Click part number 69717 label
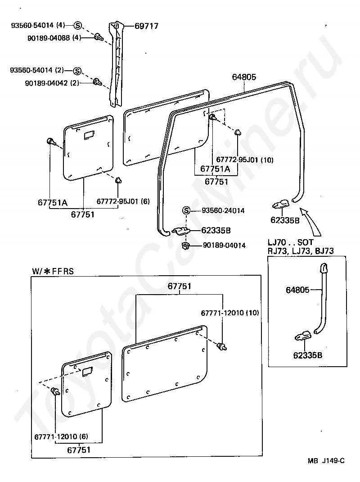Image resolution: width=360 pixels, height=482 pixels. pyautogui.click(x=147, y=26)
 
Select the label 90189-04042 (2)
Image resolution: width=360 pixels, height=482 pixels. pyautogui.click(x=52, y=83)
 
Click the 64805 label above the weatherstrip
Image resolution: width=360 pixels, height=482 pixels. pyautogui.click(x=244, y=77)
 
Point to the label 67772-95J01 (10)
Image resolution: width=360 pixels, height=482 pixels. pyautogui.click(x=245, y=159)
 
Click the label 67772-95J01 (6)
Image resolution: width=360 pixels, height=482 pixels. pyautogui.click(x=123, y=201)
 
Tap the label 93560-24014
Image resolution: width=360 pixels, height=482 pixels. pyautogui.click(x=223, y=210)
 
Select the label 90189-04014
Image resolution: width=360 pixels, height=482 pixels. pyautogui.click(x=224, y=246)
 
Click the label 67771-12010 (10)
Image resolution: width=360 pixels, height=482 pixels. pyautogui.click(x=230, y=313)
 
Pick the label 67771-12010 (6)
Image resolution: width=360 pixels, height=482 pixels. pyautogui.click(x=61, y=437)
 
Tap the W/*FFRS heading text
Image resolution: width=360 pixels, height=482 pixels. pyautogui.click(x=53, y=271)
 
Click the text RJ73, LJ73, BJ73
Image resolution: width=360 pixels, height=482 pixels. pyautogui.click(x=301, y=251)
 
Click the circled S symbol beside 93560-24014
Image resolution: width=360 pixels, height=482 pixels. pyautogui.click(x=186, y=210)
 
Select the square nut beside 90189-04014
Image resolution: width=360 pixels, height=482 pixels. pyautogui.click(x=185, y=246)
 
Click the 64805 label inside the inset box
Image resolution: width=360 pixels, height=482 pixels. pyautogui.click(x=297, y=290)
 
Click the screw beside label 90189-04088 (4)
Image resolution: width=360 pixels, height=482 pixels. pyautogui.click(x=99, y=37)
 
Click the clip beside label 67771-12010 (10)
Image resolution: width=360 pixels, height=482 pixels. pyautogui.click(x=222, y=347)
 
